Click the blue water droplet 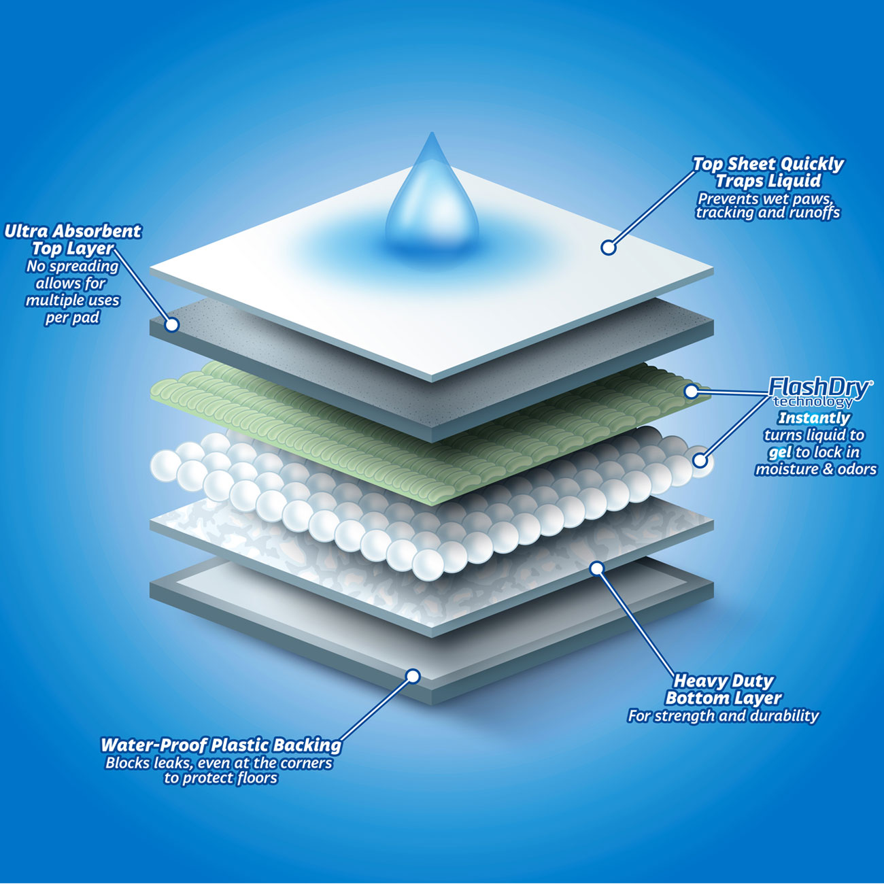tap(432, 198)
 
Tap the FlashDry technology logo tap(819, 392)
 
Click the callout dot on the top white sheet tap(609, 248)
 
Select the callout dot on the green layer tap(691, 391)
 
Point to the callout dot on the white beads tap(700, 460)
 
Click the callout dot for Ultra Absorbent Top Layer tap(171, 325)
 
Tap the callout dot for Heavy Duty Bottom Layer tap(597, 569)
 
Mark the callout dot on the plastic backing tap(413, 676)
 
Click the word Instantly tap(814, 418)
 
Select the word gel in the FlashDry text tap(779, 453)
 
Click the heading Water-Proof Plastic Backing tap(221, 745)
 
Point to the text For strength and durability tap(723, 716)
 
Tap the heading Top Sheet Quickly tap(768, 165)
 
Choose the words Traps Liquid tap(768, 181)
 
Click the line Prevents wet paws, tap(768, 199)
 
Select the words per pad tap(73, 318)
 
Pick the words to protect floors tap(221, 778)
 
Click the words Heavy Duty tap(724, 681)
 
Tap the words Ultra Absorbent tap(73, 232)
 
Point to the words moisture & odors tap(816, 469)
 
